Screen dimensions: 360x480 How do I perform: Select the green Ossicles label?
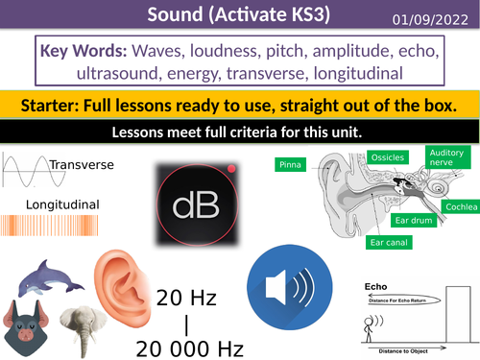tap(388, 156)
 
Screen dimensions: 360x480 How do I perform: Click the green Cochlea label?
tap(457, 205)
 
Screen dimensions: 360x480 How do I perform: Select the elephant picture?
tap(83, 327)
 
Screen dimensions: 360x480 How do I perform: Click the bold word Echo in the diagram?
tap(375, 286)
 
